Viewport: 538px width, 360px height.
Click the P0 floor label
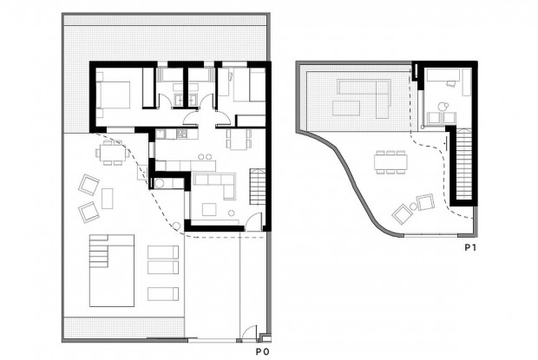pos(260,353)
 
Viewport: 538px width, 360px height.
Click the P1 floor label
pos(470,248)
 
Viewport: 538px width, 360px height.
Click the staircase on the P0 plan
pos(258,183)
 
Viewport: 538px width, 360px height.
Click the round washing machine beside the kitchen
pos(161,184)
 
